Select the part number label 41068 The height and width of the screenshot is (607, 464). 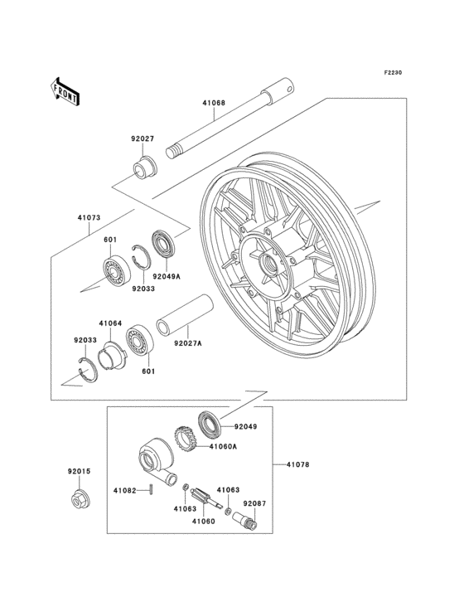[214, 104]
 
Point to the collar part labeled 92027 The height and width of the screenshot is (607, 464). [147, 166]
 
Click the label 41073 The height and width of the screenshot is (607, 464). [89, 218]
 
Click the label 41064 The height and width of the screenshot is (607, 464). [110, 323]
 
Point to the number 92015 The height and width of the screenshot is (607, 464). [79, 471]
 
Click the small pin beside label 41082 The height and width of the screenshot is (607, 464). [155, 489]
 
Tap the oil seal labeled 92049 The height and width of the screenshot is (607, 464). [208, 423]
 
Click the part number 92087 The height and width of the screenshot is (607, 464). [254, 503]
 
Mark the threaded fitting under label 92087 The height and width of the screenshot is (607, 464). [247, 520]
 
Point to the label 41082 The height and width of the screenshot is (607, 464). [125, 490]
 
